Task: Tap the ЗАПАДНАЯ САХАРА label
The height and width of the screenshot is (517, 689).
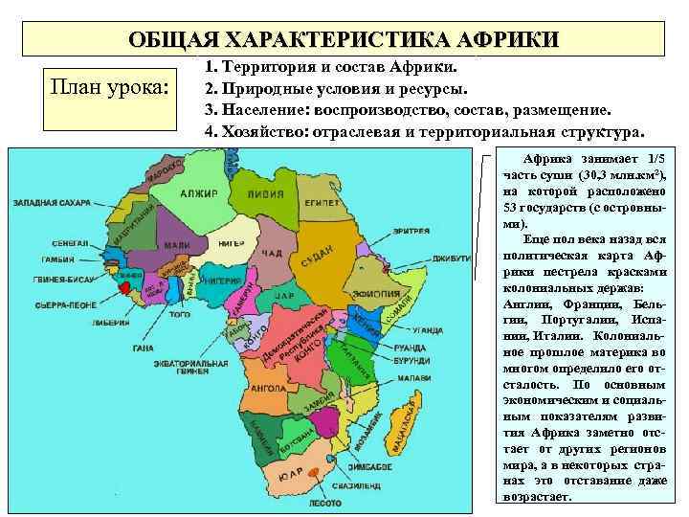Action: pos(52,202)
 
